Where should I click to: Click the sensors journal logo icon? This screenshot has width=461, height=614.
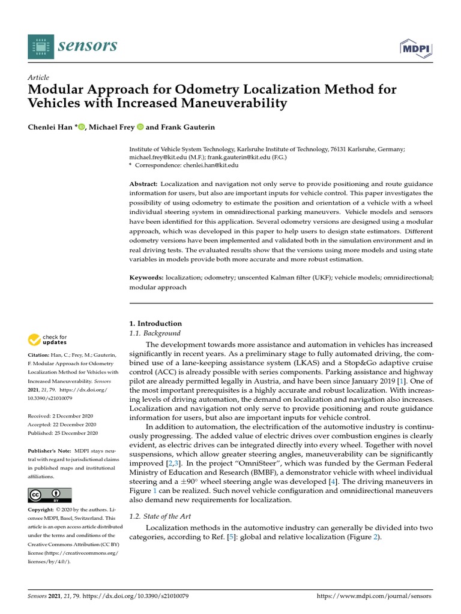[40, 46]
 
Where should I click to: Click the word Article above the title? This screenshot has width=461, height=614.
[38, 77]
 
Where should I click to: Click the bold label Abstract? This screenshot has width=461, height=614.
[144, 183]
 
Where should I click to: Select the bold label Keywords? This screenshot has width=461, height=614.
[146, 278]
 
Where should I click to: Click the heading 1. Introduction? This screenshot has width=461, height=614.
[155, 323]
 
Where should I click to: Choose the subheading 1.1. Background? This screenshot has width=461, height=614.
[155, 333]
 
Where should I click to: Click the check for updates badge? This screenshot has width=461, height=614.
[48, 340]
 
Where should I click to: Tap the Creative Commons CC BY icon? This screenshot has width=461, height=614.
[50, 495]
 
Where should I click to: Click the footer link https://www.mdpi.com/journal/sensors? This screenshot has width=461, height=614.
[373, 597]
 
